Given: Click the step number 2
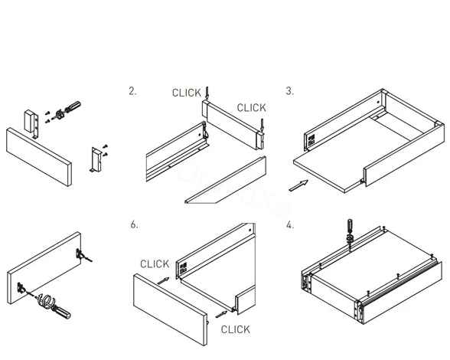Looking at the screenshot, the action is (132, 91).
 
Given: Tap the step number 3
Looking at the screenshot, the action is (290, 91).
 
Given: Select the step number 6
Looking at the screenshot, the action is (134, 224).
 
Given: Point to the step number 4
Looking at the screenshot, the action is (290, 225).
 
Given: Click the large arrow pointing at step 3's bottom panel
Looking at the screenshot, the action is (298, 185).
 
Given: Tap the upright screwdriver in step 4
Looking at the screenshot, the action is (350, 233).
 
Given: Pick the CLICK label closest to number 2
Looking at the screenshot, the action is (187, 93).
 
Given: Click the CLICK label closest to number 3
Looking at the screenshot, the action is (252, 108).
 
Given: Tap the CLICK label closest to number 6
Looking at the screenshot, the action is (155, 264).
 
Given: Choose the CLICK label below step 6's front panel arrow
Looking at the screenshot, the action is (236, 329).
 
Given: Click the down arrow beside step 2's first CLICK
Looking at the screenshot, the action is (207, 93).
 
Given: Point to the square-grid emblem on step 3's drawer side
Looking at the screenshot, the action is (311, 139).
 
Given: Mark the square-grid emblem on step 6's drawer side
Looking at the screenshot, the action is (184, 267).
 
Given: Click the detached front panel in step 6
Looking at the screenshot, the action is (170, 309).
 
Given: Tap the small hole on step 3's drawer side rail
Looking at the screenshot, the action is (378, 102).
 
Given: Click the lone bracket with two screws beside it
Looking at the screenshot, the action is (96, 160).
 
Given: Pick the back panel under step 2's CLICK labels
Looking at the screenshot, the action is (233, 125).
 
